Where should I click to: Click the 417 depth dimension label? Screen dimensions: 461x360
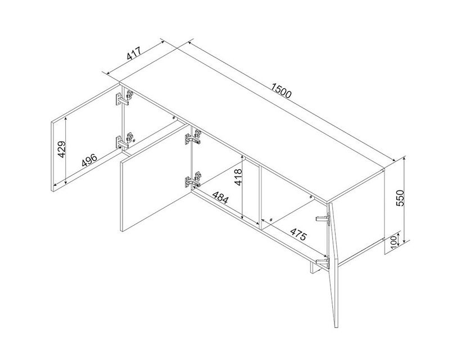[x=134, y=53]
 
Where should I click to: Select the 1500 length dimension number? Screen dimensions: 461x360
[x=281, y=91]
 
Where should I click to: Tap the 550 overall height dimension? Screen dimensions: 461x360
[x=401, y=198]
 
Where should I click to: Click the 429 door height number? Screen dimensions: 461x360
[x=62, y=149]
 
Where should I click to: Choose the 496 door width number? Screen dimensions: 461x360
[x=89, y=160]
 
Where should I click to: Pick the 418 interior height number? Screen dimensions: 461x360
[x=238, y=177]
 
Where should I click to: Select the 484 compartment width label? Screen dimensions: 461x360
[x=220, y=198]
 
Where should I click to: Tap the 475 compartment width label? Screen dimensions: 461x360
[x=299, y=234]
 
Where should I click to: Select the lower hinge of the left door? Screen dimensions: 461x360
[x=124, y=141]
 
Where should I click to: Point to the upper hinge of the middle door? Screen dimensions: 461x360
[x=193, y=137]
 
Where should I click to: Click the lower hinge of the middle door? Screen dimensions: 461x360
[x=193, y=179]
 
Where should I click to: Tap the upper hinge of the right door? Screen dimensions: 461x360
[x=323, y=218]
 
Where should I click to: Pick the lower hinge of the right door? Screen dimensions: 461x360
[x=322, y=262]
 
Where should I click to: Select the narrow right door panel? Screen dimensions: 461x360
[x=334, y=265]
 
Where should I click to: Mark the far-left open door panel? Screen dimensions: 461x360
[x=86, y=138]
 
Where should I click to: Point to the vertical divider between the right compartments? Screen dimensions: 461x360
[x=260, y=197]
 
